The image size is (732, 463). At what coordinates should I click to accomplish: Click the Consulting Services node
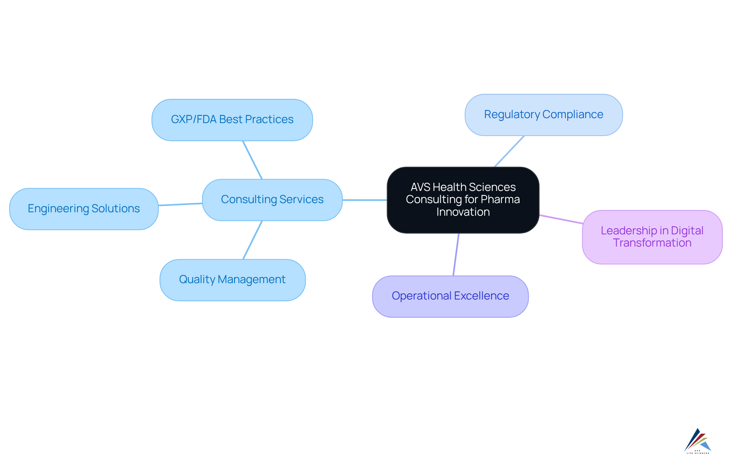pos(272,200)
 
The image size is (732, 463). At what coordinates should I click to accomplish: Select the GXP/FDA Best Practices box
pos(232,120)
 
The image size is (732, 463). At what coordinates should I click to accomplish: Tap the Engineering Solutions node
pos(83,209)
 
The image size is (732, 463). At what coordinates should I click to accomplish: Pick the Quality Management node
pos(232,280)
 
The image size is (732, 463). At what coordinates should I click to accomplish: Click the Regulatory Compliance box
pos(543,115)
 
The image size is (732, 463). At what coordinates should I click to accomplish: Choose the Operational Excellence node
pos(450,296)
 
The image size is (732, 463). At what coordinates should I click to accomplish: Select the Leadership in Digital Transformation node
pos(652,237)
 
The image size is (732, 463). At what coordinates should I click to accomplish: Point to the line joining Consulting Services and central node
pos(364,200)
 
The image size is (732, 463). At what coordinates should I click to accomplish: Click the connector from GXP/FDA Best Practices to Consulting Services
pos(252,160)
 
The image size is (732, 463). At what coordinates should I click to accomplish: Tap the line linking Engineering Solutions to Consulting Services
pos(180,205)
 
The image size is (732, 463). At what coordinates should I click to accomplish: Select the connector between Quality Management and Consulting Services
pos(252,240)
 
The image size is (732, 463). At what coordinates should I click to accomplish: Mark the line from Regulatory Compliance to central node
pos(509,151)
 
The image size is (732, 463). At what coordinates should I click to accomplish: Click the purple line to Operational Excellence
pos(456,254)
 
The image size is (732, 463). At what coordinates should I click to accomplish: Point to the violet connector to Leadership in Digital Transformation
pos(560,219)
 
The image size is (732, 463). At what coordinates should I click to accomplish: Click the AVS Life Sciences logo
pos(698,441)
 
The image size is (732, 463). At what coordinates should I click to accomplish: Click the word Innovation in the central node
pos(463,212)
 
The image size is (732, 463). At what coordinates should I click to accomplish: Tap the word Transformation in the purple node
pos(652,243)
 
